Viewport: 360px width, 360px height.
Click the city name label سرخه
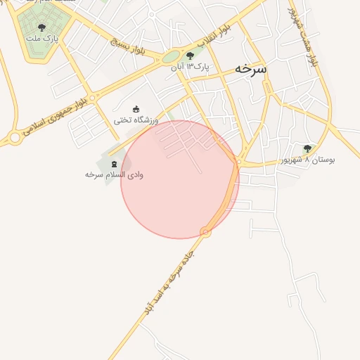coord(251,69)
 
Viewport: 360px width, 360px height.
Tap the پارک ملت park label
coord(41,38)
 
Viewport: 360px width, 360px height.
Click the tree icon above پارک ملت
coord(41,27)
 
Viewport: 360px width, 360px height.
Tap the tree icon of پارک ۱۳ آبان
coord(190,56)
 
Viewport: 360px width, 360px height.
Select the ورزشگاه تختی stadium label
coord(136,120)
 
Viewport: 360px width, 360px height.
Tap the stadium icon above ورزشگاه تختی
coord(136,109)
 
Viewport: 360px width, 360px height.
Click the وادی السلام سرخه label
coord(114,174)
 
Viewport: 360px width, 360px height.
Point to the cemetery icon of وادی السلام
coord(114,163)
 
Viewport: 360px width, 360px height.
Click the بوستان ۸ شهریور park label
coord(308,160)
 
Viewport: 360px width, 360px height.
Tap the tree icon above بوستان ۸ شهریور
coord(307,148)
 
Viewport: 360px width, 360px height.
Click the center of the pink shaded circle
coord(180,179)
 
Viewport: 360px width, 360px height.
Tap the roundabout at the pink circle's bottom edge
coord(205,231)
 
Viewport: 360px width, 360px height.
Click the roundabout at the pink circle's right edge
coord(238,162)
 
